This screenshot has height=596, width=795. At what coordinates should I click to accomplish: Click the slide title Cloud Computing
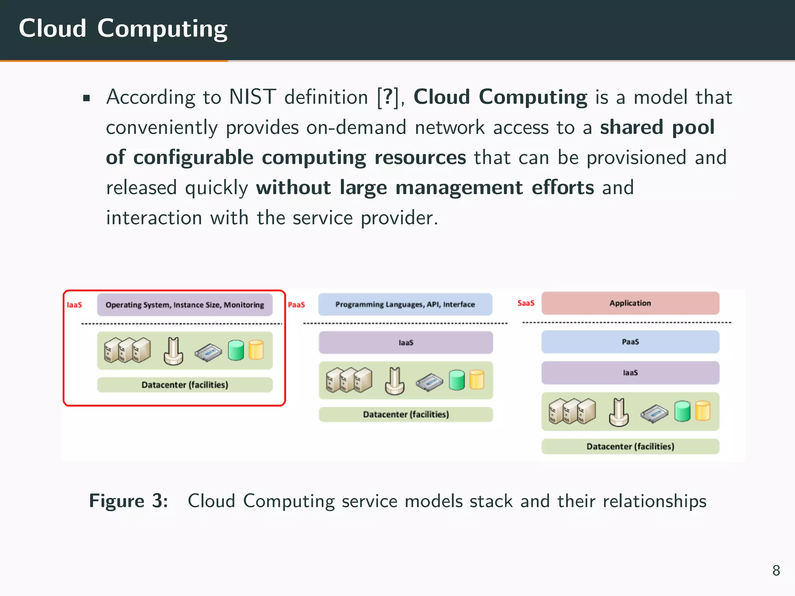tap(123, 29)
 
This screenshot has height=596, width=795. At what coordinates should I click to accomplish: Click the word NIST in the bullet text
tap(252, 97)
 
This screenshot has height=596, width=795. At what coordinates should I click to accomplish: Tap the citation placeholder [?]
tap(388, 97)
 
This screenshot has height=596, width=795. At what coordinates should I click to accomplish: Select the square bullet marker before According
tap(86, 98)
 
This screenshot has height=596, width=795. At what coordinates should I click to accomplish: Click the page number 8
tap(776, 570)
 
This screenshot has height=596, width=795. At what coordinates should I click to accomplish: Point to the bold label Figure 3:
tap(128, 501)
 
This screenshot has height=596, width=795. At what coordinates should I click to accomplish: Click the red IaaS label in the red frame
tap(74, 305)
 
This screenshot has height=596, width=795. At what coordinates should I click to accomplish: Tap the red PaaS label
tap(296, 305)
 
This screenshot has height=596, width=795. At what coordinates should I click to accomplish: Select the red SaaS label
tap(526, 303)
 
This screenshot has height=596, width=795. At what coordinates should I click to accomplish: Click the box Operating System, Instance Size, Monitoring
tap(185, 305)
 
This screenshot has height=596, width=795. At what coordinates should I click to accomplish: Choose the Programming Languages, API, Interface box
tap(405, 305)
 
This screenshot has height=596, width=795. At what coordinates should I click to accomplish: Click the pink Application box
tap(630, 303)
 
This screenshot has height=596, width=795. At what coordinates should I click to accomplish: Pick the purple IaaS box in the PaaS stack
tap(406, 343)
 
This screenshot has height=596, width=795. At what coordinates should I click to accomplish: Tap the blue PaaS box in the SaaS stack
tap(630, 342)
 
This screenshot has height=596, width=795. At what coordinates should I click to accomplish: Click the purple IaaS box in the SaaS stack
tap(630, 373)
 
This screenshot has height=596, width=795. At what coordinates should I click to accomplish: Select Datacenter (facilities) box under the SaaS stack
tap(630, 447)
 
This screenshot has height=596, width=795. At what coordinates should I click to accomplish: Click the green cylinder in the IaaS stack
tap(236, 350)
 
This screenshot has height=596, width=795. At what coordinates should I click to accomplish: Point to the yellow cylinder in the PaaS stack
tap(477, 379)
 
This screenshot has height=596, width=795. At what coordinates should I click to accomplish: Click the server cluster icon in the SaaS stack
tap(572, 411)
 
